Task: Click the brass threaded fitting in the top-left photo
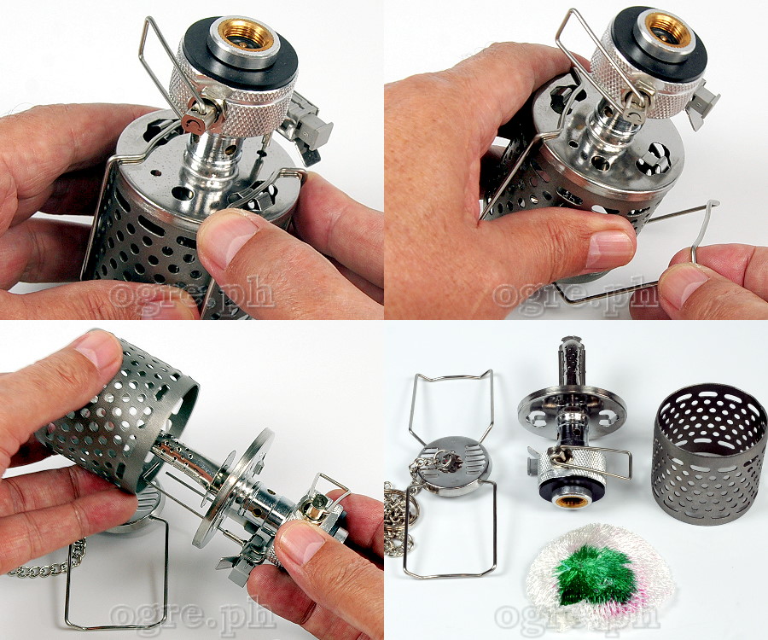coord(245,36)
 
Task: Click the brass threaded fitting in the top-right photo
coord(670,32)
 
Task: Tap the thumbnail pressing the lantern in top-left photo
coord(228,237)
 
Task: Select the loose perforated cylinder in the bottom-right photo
coord(711,455)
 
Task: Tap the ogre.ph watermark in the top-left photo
coord(192,294)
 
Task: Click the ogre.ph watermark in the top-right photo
coord(576,294)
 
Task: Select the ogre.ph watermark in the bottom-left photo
coord(192,615)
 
